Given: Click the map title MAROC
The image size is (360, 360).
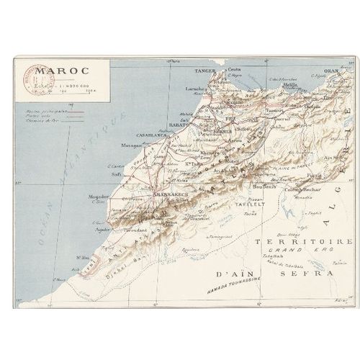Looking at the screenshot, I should pos(62,71).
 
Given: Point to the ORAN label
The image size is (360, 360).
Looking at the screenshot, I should pos(330,71).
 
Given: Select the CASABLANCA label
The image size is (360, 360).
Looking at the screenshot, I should pos(152,134).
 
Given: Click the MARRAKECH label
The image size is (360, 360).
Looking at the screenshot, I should pos(171,194).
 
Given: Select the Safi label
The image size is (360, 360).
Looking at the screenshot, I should pos(115,174).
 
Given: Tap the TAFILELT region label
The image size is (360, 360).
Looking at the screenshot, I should pos(251,204).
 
